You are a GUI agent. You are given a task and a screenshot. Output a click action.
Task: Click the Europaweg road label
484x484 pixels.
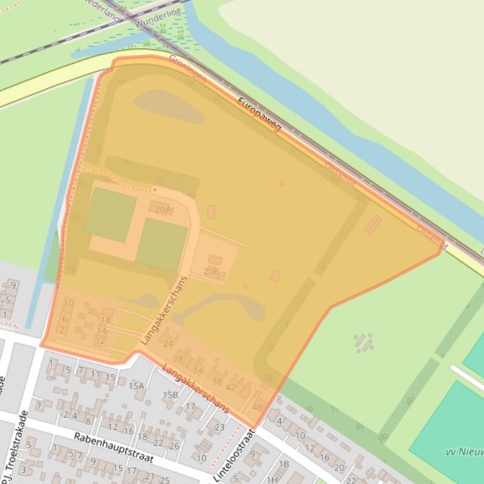[x=260, y=114]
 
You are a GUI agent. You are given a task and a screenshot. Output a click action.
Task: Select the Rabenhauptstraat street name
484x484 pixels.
[x=113, y=448]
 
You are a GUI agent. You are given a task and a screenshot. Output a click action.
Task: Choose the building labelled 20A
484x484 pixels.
[x=163, y=209]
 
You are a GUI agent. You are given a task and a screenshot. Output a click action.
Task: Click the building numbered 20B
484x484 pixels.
[x=211, y=272]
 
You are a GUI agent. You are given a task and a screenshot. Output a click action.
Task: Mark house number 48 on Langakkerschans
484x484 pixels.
[x=256, y=407]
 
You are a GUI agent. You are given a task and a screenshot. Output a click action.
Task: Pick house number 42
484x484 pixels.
[x=231, y=388]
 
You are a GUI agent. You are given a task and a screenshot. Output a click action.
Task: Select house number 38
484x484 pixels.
[x=217, y=381]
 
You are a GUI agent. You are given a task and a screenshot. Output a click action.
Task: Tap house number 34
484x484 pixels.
[x=198, y=370]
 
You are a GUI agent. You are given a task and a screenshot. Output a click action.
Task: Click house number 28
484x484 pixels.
[x=178, y=359]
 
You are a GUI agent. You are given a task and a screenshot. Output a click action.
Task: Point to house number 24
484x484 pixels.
[x=168, y=343]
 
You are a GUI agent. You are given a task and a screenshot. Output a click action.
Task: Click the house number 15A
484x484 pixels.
[x=136, y=385]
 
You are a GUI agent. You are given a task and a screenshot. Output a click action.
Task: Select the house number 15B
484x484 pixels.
[x=170, y=395]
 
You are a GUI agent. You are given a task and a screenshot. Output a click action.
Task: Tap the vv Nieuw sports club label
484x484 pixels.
[x=464, y=452]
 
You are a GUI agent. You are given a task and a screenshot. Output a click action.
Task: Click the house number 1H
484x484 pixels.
[x=272, y=480]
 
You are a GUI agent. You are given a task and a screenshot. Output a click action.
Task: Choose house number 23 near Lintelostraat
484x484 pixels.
[x=219, y=427]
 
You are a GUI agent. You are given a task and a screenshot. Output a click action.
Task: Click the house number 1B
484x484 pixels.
[x=283, y=464]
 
